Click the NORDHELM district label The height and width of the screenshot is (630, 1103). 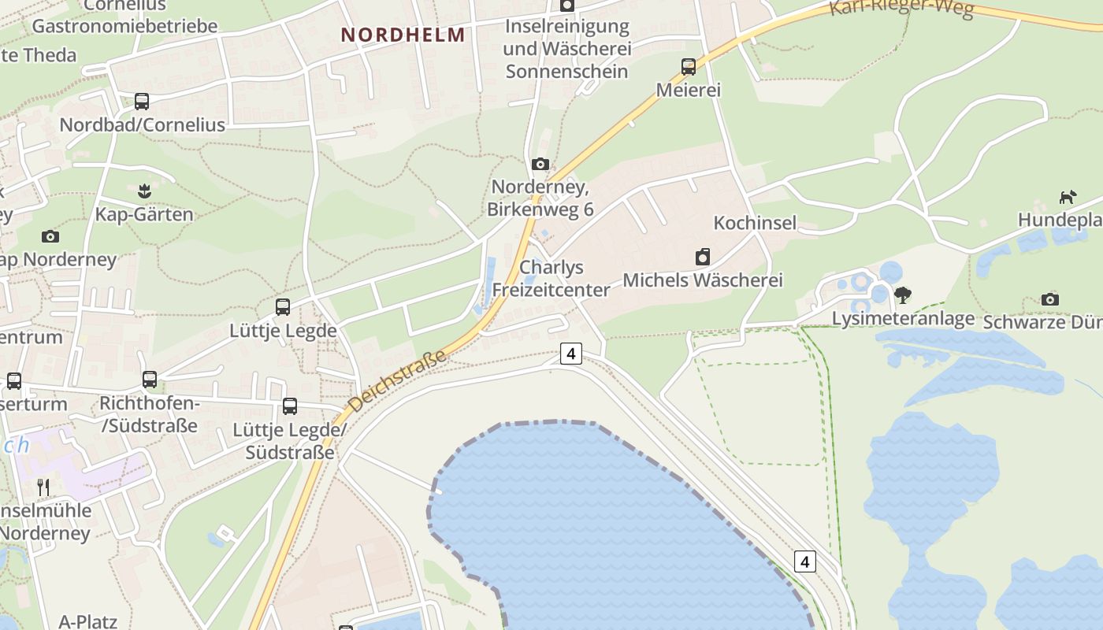[403, 35]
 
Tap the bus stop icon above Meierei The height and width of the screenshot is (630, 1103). [689, 67]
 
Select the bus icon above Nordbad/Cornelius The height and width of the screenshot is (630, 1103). [142, 102]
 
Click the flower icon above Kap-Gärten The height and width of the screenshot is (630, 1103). [143, 191]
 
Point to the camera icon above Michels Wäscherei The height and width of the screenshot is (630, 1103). [703, 257]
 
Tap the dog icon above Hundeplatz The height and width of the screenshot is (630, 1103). [1068, 197]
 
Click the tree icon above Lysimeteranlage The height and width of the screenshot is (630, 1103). [903, 295]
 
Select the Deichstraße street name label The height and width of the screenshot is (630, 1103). [397, 381]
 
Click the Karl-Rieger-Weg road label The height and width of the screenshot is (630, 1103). [901, 8]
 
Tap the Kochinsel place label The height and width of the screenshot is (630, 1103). [755, 223]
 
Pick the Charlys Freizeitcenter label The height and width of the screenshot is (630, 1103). [551, 278]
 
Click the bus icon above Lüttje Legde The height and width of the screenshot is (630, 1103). [283, 307]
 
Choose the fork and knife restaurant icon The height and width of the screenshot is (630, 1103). [43, 487]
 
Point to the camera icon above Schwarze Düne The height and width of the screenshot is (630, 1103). [1049, 299]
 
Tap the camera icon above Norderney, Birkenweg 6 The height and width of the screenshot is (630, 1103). [540, 164]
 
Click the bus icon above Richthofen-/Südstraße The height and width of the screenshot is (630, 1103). [150, 380]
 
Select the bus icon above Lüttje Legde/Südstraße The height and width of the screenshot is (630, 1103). [290, 406]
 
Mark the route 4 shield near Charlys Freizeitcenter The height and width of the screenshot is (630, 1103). [571, 354]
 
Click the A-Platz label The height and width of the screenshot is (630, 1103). [88, 621]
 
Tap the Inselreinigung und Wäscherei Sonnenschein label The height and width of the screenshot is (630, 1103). [567, 49]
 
